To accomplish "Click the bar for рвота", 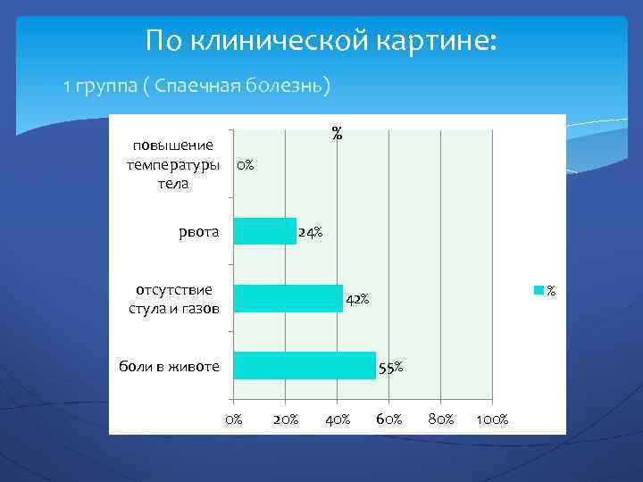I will (264, 231).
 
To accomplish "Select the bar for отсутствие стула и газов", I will (288, 298).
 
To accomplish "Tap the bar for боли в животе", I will (305, 365).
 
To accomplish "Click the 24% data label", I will (311, 232).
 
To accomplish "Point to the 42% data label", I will (357, 298).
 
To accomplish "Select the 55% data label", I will (390, 366).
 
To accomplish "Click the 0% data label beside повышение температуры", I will (244, 165).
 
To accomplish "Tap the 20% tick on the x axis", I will (285, 419).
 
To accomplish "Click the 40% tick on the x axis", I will (337, 419).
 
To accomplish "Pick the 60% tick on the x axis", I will (388, 419).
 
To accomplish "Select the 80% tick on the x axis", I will (440, 419).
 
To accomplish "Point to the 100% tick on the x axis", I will (492, 419).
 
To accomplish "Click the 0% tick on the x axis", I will (233, 419).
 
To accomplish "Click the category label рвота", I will (198, 232).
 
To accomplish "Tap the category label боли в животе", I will (170, 366).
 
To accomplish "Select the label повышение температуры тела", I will (173, 165).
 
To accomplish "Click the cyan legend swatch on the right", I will (539, 290).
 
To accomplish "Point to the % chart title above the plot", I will (337, 134).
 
